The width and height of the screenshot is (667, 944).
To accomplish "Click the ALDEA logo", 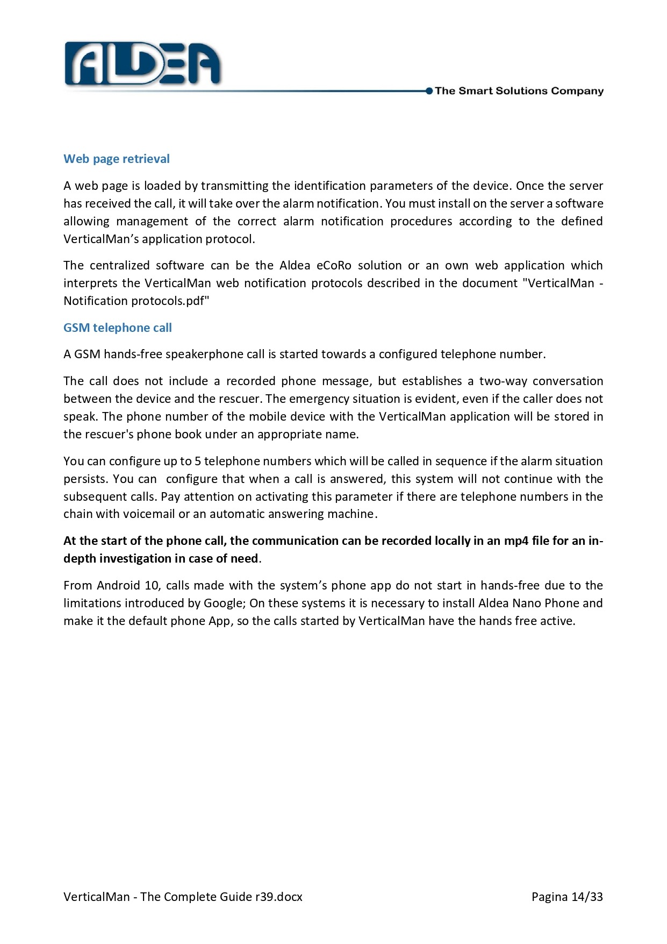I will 142,65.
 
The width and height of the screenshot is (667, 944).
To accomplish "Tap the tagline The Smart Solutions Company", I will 519,91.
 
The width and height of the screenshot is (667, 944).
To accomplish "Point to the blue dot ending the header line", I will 429,91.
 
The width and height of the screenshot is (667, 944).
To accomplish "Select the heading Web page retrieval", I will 117,159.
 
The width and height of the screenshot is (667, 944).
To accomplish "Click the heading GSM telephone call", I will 118,328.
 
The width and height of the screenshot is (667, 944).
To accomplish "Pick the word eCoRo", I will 334,265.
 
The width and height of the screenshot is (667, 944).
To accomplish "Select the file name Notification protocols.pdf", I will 136,301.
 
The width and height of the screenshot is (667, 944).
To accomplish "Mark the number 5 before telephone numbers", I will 197,461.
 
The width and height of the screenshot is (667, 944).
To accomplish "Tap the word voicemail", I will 149,514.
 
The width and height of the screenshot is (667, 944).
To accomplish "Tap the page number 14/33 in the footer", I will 587,897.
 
